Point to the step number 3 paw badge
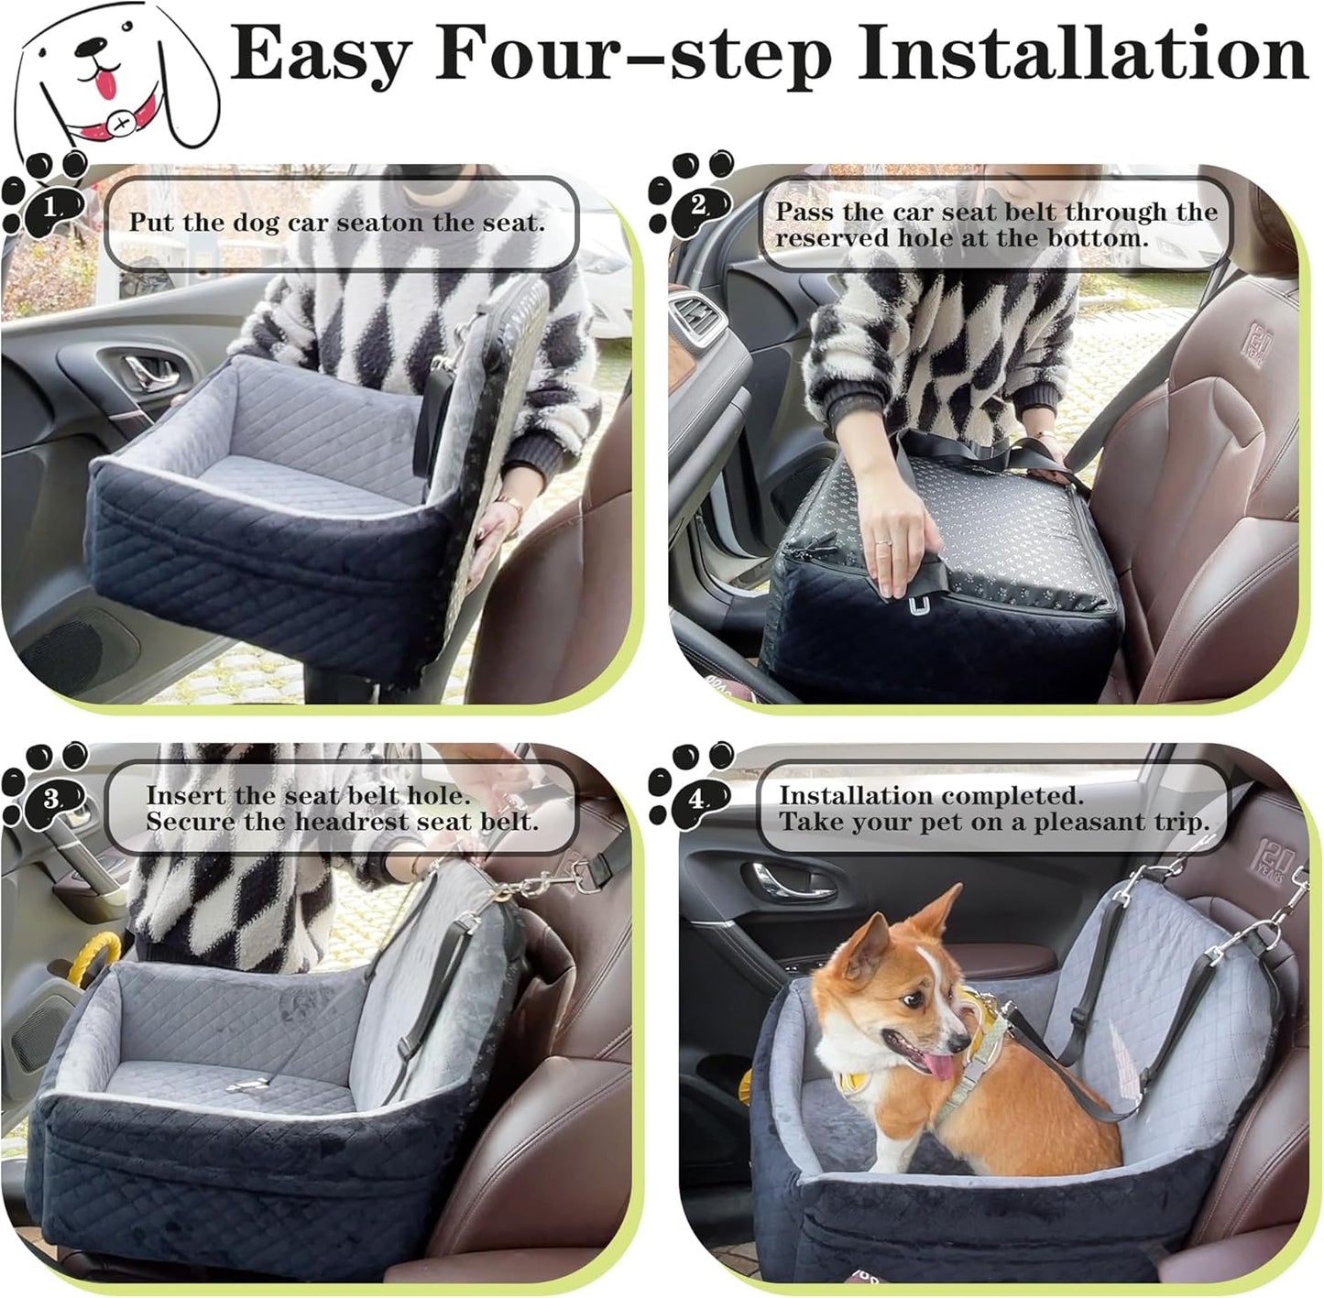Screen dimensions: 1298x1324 [47, 799]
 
